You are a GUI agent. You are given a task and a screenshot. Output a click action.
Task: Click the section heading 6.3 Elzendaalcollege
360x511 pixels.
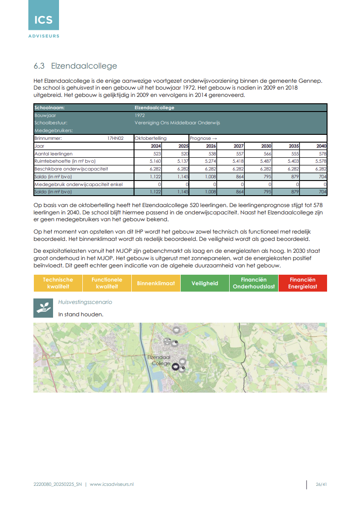75,66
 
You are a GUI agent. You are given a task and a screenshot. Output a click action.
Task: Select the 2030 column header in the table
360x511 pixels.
266,146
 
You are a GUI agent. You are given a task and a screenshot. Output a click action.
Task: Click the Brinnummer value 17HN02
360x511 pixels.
116,138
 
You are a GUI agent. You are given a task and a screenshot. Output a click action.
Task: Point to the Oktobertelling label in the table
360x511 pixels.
151,138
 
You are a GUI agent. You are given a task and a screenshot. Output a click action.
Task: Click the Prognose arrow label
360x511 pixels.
203,138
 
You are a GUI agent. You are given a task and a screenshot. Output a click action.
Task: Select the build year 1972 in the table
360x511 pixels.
140,116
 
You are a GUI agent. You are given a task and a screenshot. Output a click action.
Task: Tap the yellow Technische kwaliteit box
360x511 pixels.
58,283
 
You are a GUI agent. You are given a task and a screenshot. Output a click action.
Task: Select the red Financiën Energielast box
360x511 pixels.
302,283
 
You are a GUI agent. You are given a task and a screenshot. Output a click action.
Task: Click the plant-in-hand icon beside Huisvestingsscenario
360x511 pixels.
43,308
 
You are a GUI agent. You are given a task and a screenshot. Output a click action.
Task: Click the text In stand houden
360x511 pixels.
81,314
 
